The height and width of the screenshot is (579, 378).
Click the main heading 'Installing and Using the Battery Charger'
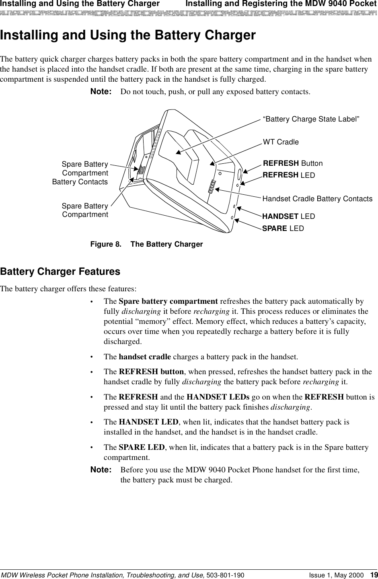(128, 36)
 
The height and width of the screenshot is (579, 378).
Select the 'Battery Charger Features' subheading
(60, 272)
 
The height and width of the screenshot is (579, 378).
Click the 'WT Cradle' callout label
(281, 142)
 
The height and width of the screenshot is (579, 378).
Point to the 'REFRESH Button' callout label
(292, 163)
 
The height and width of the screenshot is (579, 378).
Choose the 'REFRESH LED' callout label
(288, 175)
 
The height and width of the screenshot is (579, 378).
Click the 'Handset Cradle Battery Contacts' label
(317, 199)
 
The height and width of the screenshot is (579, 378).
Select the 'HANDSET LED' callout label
(288, 216)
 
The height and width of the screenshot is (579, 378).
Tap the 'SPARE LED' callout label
(283, 229)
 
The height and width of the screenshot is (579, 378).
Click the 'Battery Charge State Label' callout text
(311, 119)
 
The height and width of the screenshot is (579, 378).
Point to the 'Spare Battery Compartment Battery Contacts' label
(80, 173)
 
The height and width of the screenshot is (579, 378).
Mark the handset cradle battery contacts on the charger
(212, 187)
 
